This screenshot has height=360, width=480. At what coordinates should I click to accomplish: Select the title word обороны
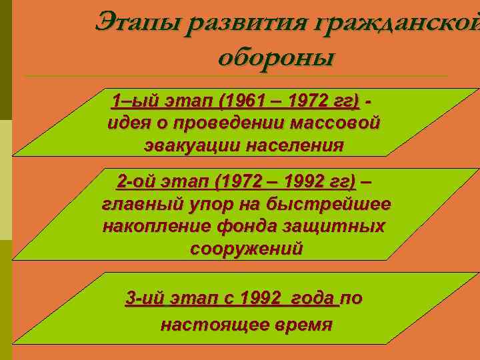click(x=275, y=56)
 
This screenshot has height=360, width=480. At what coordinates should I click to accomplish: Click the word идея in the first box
click(x=127, y=123)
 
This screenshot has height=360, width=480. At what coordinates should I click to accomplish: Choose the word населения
click(x=293, y=144)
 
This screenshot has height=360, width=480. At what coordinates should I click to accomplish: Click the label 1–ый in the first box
click(x=131, y=102)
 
